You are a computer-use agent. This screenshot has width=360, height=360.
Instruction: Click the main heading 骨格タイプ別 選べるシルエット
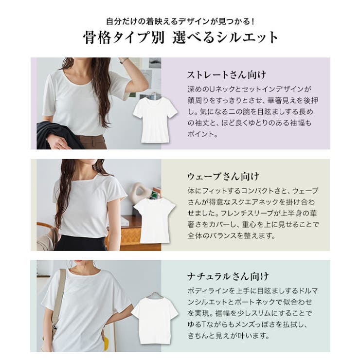(x=180, y=38)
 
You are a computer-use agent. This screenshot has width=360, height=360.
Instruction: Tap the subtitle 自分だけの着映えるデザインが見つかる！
(x=180, y=21)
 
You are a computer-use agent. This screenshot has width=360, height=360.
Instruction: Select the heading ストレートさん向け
(x=227, y=75)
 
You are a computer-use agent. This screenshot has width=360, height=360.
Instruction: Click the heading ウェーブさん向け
(x=223, y=176)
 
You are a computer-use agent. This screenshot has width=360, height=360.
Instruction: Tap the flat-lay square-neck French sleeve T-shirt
(x=154, y=219)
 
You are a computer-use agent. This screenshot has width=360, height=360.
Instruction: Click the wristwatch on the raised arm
(x=124, y=61)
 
